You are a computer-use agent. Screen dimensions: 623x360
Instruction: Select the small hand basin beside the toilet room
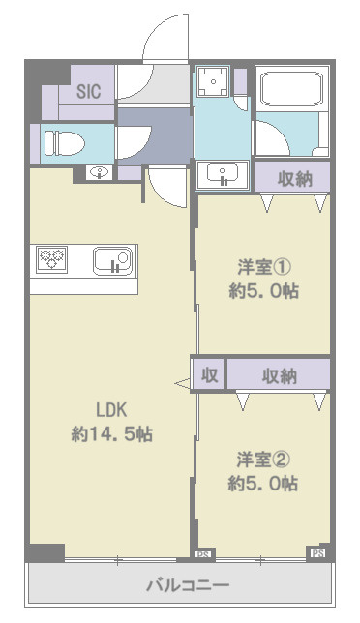coord(99,174)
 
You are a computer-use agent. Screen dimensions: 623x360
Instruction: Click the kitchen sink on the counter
coord(111,261)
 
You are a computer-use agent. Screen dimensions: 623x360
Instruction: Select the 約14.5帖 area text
coord(108,434)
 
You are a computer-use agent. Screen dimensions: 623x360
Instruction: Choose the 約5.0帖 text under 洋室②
coord(262,483)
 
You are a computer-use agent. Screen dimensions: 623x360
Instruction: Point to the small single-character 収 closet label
coord(208,375)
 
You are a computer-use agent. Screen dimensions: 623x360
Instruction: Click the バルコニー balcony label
coord(187,585)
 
